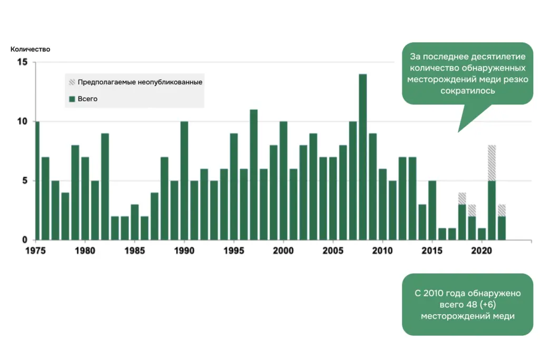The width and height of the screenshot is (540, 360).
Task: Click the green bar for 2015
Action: click(432, 210)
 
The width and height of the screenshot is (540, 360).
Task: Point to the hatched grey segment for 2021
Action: click(491, 163)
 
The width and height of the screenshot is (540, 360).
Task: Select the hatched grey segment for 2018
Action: click(462, 199)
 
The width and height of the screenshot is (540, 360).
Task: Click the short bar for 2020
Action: click(481, 234)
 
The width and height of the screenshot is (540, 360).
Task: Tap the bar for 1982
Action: click(105, 187)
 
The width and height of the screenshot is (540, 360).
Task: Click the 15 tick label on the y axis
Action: click(22, 62)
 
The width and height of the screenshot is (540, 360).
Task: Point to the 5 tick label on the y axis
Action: click(24, 181)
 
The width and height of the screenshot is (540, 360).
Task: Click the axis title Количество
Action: click(30, 49)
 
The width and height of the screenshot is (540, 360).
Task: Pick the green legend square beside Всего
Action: click(72, 99)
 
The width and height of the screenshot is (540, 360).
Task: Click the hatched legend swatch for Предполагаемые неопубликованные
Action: click(72, 82)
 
